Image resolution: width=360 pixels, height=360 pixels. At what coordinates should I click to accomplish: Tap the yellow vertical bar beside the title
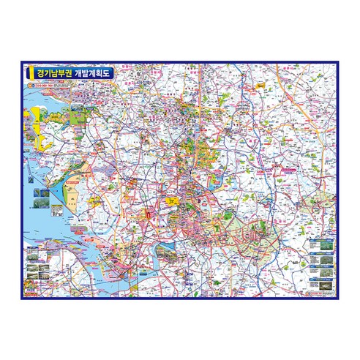pos(29,74)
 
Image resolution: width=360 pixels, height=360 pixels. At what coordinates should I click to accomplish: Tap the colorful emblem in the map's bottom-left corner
pos(30,292)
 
